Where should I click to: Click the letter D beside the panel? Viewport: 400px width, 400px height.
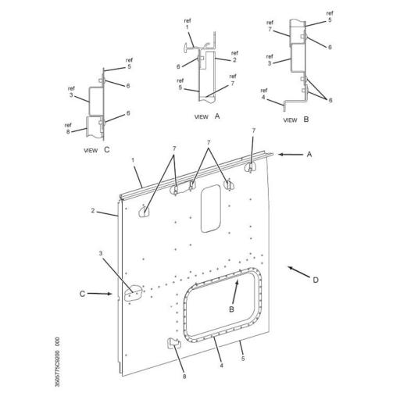315,279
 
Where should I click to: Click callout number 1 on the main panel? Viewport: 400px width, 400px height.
134,160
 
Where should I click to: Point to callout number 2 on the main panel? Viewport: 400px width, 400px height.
93,211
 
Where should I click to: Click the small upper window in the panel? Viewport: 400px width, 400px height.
210,209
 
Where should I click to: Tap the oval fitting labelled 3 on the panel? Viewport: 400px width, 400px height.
134,291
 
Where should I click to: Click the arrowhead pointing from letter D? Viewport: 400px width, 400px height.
290,267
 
